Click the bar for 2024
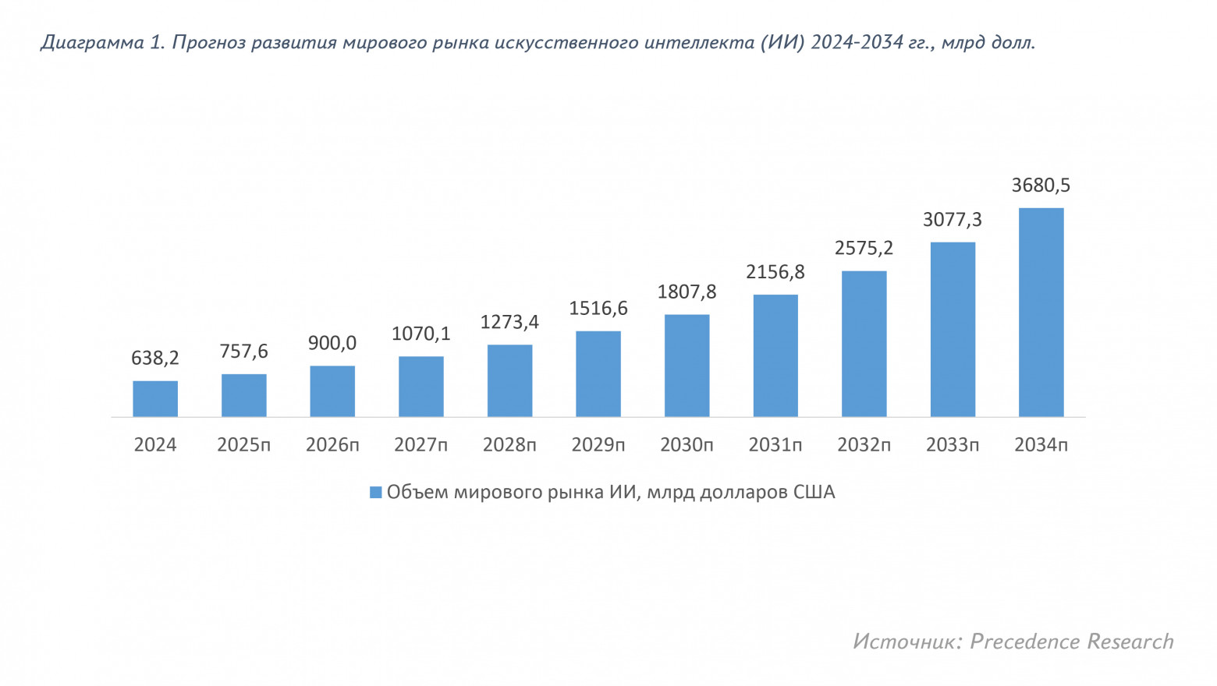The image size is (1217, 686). (155, 398)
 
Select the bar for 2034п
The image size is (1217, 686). (1041, 312)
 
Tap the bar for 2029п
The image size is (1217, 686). (598, 373)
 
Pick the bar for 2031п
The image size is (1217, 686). (775, 355)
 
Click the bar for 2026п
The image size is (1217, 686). (332, 391)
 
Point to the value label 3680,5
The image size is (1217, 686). (1041, 186)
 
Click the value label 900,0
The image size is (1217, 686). (332, 343)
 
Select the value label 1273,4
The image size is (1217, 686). (509, 322)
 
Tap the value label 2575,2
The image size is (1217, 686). (864, 248)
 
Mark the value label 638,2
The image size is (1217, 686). (155, 358)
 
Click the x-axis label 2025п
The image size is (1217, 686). (243, 445)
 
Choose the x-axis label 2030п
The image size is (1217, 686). (687, 445)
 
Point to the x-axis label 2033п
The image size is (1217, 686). (953, 445)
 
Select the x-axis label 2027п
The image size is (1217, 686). (421, 445)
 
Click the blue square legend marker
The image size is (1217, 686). (375, 493)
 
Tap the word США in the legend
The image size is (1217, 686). (814, 492)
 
